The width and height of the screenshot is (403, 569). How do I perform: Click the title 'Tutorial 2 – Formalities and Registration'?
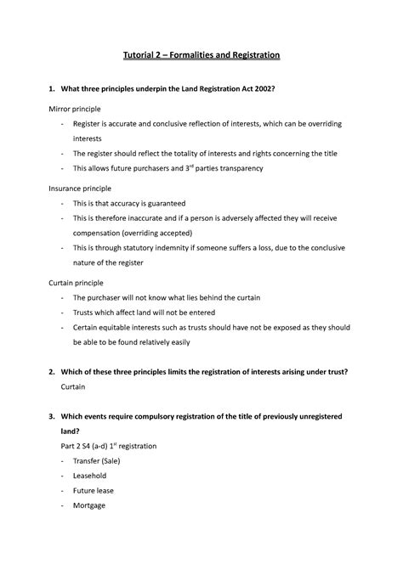(x=200, y=55)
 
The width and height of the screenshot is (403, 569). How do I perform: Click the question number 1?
(x=51, y=89)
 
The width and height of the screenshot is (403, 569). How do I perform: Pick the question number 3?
(x=51, y=416)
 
